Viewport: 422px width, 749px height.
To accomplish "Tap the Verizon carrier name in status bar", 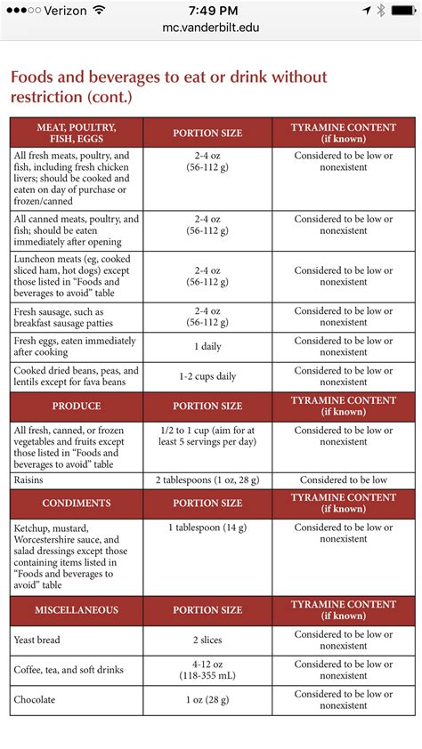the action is (63, 11).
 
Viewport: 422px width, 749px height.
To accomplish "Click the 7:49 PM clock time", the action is (211, 11).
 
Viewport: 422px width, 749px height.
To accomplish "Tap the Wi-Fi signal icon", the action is (98, 11).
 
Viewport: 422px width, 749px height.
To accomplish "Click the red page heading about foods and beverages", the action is (168, 86).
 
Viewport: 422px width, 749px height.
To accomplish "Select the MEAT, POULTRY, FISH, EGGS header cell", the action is (77, 133).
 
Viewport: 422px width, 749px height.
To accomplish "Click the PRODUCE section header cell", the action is (77, 406).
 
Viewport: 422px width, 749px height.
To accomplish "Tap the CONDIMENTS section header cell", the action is (77, 503).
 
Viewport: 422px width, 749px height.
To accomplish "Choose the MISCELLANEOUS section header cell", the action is (77, 610).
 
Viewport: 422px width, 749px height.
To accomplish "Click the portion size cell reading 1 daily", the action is (207, 347).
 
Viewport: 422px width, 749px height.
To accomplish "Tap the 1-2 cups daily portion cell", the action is (207, 376).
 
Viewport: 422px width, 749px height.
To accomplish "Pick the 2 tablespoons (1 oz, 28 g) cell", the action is (207, 479).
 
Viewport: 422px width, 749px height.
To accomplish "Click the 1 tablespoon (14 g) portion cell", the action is (207, 528).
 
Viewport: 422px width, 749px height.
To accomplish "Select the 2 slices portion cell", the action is (207, 640).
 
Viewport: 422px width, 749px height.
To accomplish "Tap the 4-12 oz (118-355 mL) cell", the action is (207, 669).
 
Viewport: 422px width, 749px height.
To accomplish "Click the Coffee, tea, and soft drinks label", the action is (69, 669).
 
